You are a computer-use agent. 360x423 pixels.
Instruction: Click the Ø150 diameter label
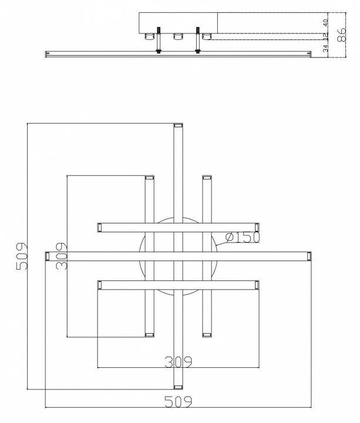point(243,238)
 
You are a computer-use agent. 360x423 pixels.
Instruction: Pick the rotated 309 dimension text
point(60,257)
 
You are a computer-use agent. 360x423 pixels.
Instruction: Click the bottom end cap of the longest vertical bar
point(179,387)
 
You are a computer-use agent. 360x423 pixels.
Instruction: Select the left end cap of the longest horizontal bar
point(48,256)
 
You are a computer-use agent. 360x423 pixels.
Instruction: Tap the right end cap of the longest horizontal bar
point(309,256)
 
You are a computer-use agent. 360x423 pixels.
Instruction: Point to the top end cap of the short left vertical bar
point(149,177)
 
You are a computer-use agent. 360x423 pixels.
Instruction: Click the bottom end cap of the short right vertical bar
point(207,334)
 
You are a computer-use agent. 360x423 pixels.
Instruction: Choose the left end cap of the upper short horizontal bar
point(100,226)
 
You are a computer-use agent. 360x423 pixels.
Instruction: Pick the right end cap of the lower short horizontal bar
point(256,284)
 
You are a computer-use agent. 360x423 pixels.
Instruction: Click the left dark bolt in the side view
point(158,42)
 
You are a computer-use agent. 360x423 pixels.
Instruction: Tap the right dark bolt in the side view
point(198,42)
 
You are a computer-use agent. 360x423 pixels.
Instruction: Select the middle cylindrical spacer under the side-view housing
point(177,39)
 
